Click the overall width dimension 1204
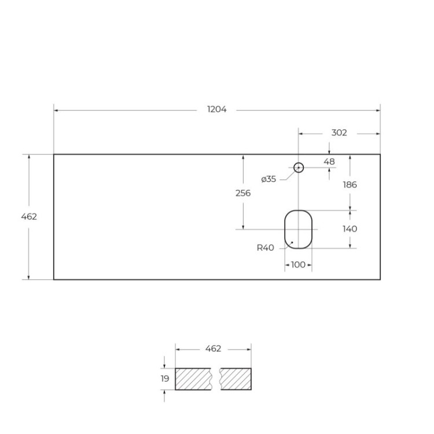click(x=217, y=109)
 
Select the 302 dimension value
click(x=339, y=133)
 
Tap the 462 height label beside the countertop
click(x=29, y=217)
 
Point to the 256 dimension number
click(x=244, y=193)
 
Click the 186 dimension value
click(x=350, y=185)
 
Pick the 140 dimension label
click(x=350, y=229)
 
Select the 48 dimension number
click(x=329, y=161)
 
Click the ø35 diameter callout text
click(x=269, y=179)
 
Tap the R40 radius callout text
click(x=265, y=248)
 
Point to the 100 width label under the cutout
click(x=298, y=265)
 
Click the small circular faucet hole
click(x=299, y=168)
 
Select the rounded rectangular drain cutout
click(x=299, y=229)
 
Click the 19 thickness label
click(x=165, y=379)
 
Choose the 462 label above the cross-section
click(x=214, y=349)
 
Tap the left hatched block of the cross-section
click(x=194, y=379)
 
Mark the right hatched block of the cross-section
click(x=236, y=379)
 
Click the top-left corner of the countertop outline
click(x=54, y=155)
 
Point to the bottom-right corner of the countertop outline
click(x=380, y=279)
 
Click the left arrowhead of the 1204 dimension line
click(x=56, y=109)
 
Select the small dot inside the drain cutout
click(x=292, y=242)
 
